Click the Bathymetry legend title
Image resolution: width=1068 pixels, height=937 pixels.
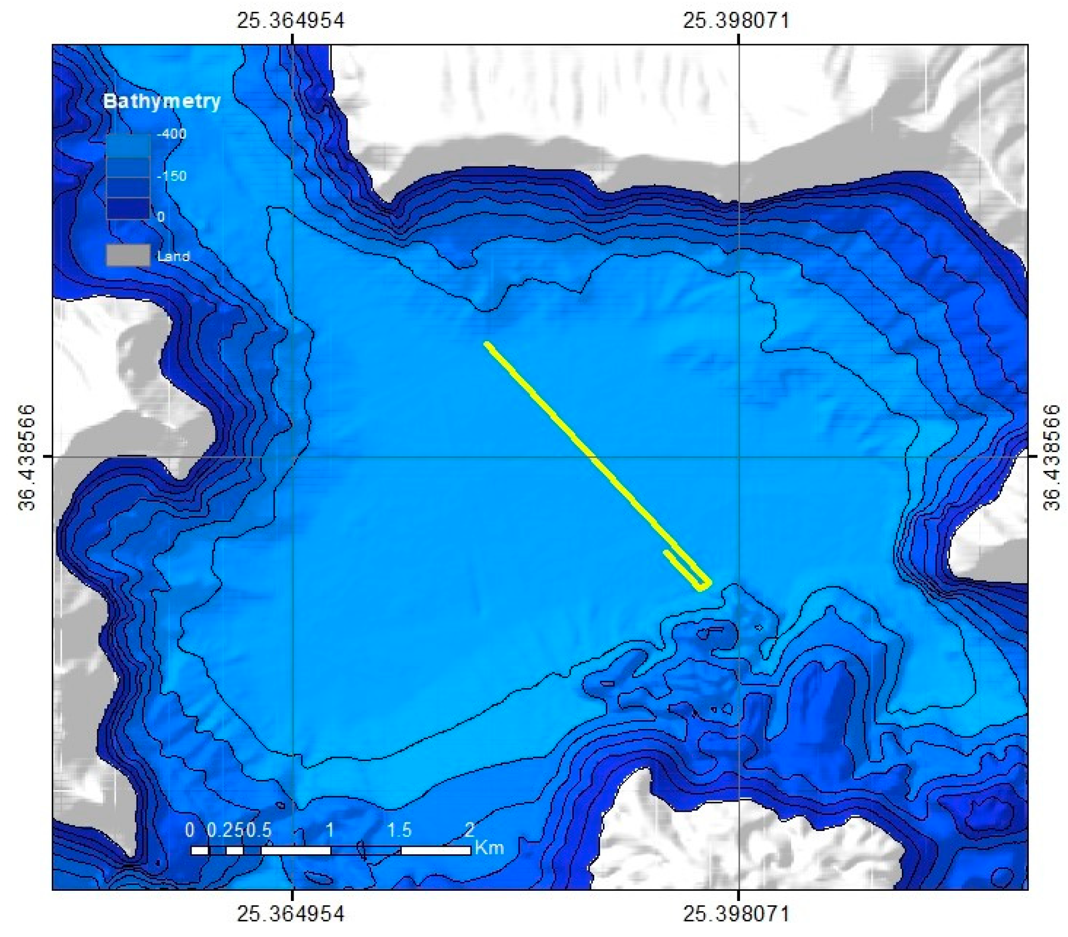161,101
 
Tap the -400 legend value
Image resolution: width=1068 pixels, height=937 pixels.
171,133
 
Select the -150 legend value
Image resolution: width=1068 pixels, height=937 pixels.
171,176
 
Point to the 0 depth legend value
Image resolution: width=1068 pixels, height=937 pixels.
161,217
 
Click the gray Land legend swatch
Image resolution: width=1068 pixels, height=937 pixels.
127,255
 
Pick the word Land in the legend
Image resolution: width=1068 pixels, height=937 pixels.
173,256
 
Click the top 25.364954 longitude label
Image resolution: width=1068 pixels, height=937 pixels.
290,20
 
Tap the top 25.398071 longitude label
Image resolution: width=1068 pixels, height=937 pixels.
736,20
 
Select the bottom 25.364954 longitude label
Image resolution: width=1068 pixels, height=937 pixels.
290,913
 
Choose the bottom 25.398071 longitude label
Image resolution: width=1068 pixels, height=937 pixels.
736,913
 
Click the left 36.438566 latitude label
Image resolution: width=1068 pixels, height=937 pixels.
27,457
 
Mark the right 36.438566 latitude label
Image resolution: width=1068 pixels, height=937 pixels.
1052,457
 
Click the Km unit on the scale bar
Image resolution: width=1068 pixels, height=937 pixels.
489,848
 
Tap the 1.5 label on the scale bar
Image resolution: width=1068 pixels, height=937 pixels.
400,830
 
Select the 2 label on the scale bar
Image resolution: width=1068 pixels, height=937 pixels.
469,830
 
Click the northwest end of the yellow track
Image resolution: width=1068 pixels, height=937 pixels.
487,344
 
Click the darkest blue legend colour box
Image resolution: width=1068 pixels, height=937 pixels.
127,208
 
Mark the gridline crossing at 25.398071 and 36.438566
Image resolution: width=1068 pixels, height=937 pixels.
738,457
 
